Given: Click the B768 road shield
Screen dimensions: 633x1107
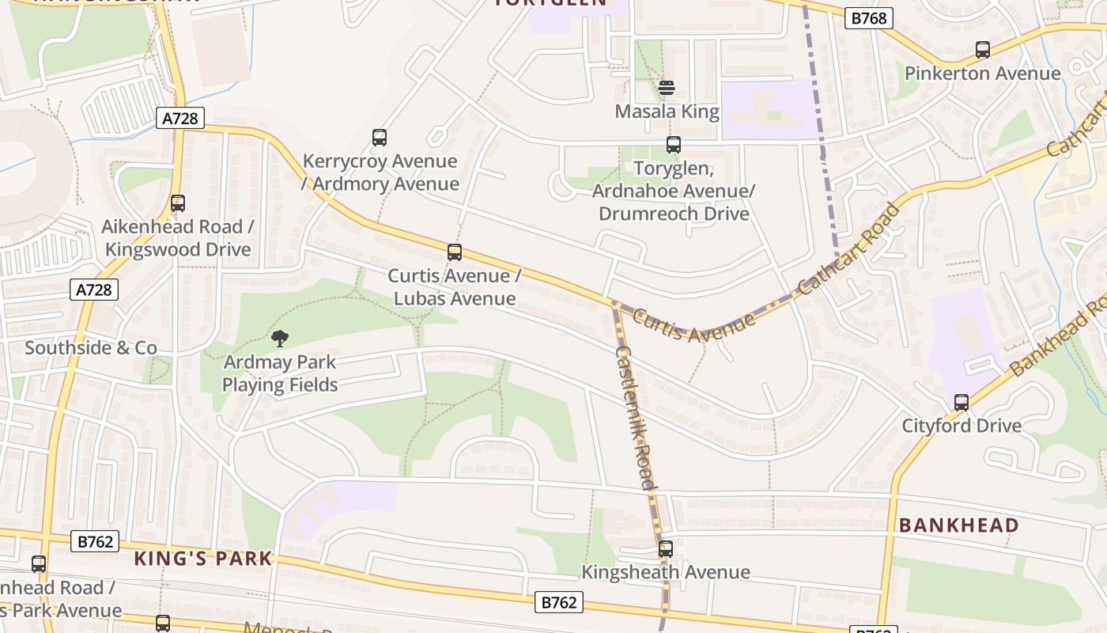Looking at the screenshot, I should [x=869, y=17].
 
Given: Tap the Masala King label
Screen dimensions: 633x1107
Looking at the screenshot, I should [x=667, y=112].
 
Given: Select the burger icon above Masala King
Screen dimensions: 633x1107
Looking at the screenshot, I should [x=667, y=87].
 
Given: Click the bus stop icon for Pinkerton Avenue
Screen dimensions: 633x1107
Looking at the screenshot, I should [x=983, y=50].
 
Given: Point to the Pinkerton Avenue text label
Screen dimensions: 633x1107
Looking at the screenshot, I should [x=982, y=74].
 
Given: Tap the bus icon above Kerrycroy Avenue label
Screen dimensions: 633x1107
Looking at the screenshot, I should [x=380, y=138].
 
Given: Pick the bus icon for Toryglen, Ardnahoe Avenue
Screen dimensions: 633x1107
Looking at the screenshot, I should [x=674, y=145].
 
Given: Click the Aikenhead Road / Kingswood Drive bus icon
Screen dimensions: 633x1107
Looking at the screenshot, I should [x=178, y=203].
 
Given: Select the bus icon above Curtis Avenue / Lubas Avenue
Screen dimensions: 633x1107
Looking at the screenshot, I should [x=455, y=252].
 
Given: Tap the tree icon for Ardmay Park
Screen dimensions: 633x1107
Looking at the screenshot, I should [x=279, y=339].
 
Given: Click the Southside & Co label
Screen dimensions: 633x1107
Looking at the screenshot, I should [x=91, y=348].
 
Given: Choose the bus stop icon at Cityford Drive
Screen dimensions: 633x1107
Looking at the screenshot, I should [x=962, y=402].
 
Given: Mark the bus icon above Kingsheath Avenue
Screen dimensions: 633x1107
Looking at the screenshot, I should [x=666, y=548].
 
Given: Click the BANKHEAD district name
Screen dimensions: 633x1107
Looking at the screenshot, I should [x=958, y=525].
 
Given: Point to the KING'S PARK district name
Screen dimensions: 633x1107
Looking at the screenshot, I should [x=203, y=559].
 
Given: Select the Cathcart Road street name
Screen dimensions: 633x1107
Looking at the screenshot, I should [x=849, y=250].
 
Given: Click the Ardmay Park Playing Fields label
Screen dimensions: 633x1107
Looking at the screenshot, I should [x=280, y=373].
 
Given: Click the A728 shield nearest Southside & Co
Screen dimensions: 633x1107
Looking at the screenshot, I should [x=94, y=290].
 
